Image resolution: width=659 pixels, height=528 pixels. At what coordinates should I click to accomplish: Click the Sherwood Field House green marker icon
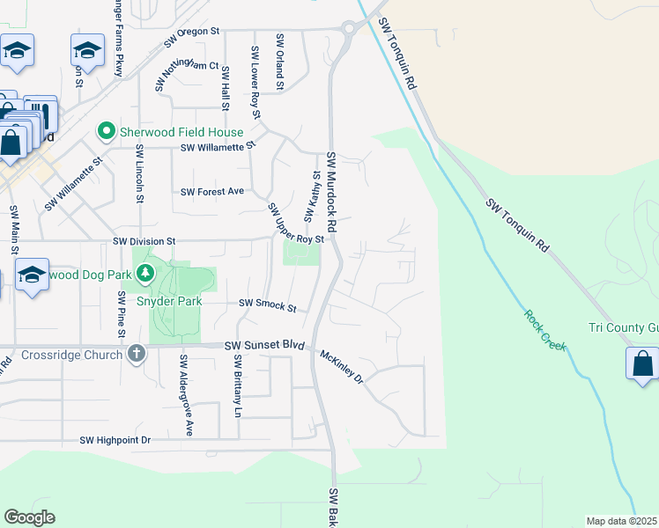pyautogui.click(x=107, y=132)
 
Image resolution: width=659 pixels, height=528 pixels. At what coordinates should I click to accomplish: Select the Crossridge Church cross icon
pyautogui.click(x=136, y=354)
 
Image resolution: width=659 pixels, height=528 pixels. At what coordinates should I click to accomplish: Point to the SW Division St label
pyautogui.click(x=144, y=240)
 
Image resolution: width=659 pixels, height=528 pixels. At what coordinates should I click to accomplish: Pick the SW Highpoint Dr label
pyautogui.click(x=115, y=439)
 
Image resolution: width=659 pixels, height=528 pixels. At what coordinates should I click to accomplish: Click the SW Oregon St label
pyautogui.click(x=191, y=38)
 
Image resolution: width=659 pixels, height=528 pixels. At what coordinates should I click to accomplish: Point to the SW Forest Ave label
pyautogui.click(x=212, y=191)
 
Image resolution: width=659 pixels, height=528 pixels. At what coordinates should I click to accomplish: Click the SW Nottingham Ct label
pyautogui.click(x=189, y=67)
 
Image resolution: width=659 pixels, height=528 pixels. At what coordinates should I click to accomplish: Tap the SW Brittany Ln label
pyautogui.click(x=238, y=386)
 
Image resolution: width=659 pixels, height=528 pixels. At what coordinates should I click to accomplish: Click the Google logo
pyautogui.click(x=29, y=517)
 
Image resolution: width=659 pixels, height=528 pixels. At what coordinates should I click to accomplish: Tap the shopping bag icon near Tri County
pyautogui.click(x=642, y=363)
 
